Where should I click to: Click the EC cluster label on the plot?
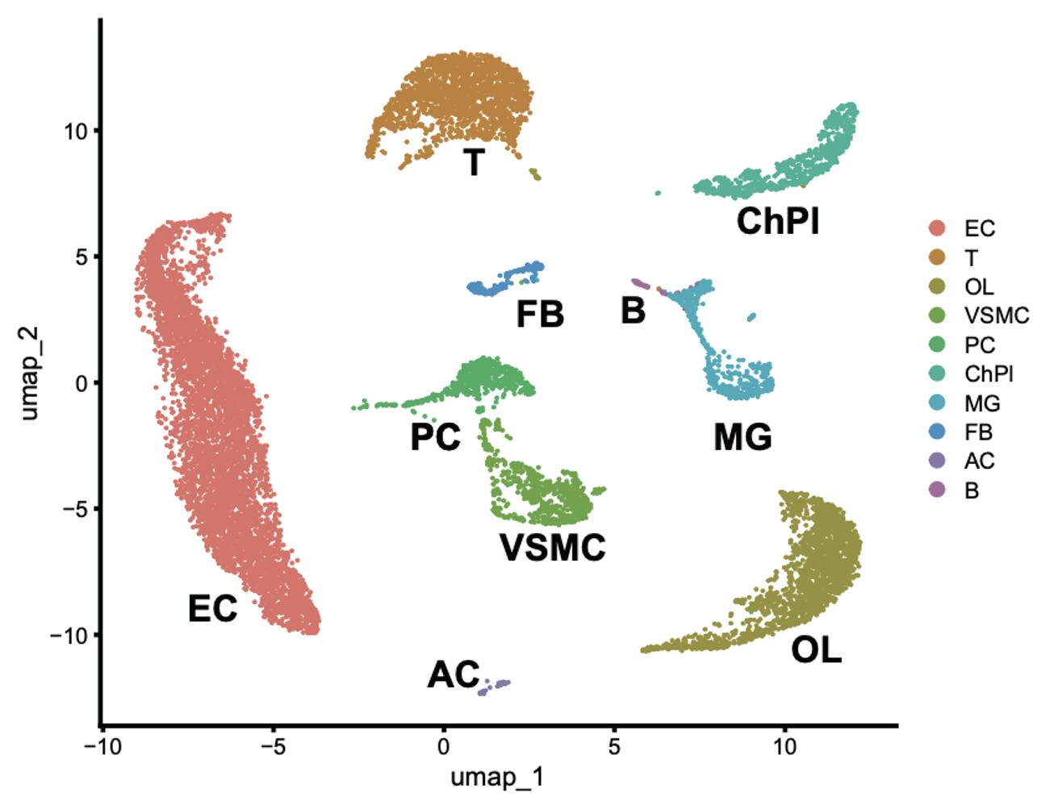click(x=213, y=608)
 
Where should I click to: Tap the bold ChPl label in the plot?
click(x=778, y=221)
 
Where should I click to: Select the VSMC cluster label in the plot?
click(x=553, y=548)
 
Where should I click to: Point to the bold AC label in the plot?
click(x=453, y=674)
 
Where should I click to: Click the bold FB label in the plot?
click(x=540, y=314)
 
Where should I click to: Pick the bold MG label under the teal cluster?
click(x=742, y=437)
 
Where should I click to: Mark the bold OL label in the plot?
click(x=816, y=649)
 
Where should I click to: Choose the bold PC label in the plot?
click(x=435, y=437)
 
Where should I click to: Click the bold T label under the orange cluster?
click(x=475, y=162)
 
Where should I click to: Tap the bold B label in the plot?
click(x=634, y=311)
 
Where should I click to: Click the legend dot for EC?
click(x=937, y=228)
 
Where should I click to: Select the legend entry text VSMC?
click(x=996, y=315)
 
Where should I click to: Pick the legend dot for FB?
click(x=937, y=432)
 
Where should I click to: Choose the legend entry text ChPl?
click(x=989, y=374)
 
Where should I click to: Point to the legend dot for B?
click(x=937, y=490)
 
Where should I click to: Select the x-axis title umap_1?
click(x=496, y=779)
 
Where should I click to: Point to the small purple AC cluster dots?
click(x=494, y=687)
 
